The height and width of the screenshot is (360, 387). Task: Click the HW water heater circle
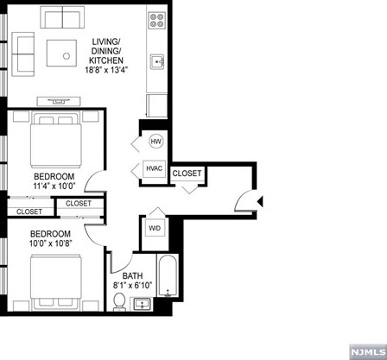(156, 142)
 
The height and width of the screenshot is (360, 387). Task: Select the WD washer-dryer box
(155, 229)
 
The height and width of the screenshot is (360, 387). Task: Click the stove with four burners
(157, 20)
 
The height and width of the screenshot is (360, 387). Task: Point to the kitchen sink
(158, 61)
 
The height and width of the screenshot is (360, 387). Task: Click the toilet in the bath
(120, 301)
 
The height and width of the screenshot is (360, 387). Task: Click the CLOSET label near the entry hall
(187, 174)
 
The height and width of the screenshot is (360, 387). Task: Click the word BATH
(131, 276)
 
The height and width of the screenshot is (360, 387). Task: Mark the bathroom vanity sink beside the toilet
(141, 303)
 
